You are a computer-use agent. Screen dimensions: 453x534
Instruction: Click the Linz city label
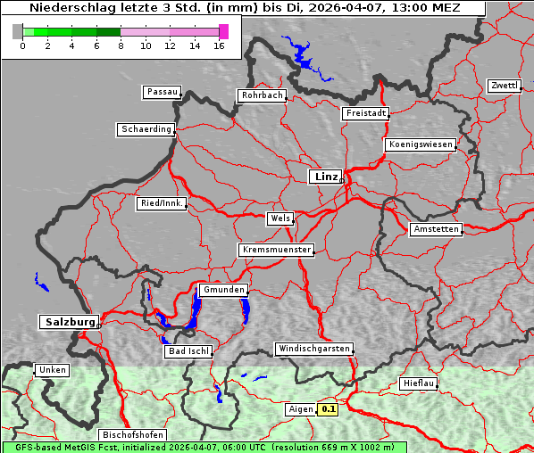(x=325, y=177)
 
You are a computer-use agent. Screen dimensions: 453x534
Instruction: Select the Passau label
(x=162, y=92)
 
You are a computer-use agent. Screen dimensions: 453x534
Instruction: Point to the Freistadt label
(x=364, y=113)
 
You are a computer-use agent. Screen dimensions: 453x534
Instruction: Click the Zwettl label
(x=504, y=86)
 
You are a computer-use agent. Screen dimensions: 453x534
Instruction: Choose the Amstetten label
(x=435, y=229)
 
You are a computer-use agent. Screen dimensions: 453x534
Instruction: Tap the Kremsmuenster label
(x=276, y=250)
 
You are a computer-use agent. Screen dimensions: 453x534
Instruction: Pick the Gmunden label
(x=222, y=290)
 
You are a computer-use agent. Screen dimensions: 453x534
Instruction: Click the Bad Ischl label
(x=188, y=351)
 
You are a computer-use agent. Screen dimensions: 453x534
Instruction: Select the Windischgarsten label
(x=313, y=349)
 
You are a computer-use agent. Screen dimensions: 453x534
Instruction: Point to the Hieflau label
(x=419, y=383)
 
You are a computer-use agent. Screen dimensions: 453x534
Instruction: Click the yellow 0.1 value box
(x=328, y=409)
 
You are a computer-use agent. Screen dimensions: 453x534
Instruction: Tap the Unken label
(x=51, y=370)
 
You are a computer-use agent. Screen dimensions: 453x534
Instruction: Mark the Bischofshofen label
(x=131, y=435)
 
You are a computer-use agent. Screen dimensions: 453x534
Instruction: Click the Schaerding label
(x=146, y=129)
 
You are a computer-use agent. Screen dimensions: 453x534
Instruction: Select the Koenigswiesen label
(x=420, y=144)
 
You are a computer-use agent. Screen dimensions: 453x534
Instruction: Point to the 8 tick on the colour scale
(x=121, y=45)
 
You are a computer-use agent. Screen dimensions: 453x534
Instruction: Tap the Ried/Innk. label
(x=162, y=203)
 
